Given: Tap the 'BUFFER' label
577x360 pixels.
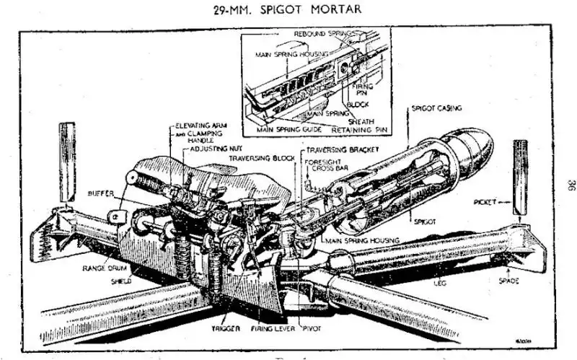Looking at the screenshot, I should (100, 194).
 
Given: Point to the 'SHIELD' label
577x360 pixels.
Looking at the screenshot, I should (120, 281).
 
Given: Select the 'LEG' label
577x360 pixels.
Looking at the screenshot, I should (439, 284).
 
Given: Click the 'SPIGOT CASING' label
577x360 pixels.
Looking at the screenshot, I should (436, 108).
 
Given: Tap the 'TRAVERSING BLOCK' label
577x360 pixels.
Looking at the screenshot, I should (258, 157).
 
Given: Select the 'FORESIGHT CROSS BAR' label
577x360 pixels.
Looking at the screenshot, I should (324, 166).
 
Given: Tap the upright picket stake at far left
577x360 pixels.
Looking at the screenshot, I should (67, 162).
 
